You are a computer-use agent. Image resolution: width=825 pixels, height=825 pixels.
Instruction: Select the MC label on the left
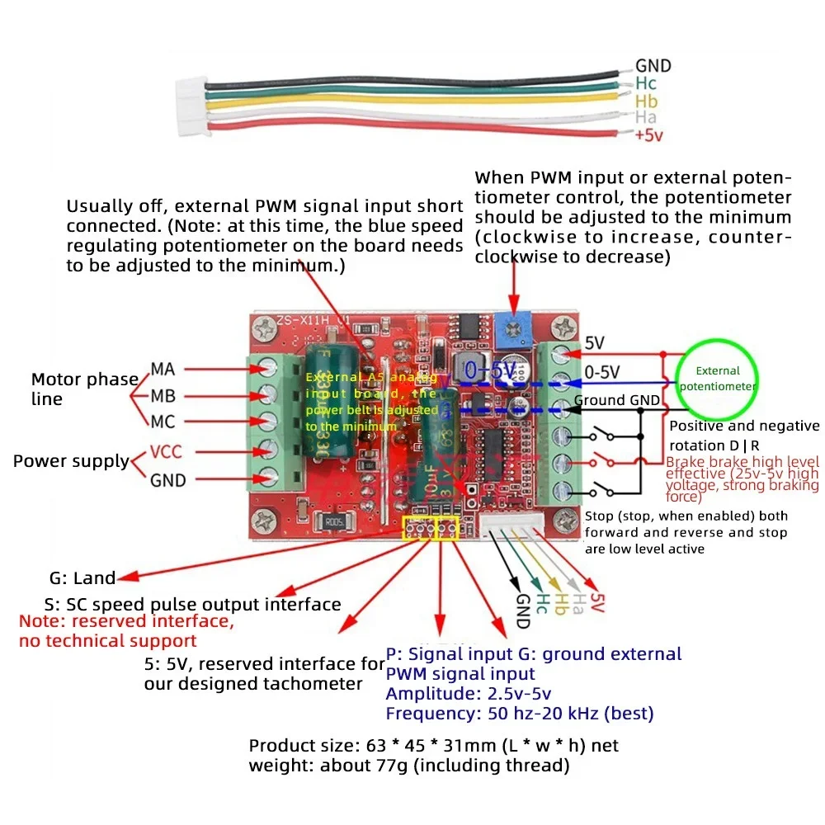click(x=163, y=422)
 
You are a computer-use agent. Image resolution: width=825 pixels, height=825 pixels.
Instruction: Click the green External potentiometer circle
click(x=717, y=378)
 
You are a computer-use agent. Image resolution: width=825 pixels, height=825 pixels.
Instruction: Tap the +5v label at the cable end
click(x=648, y=135)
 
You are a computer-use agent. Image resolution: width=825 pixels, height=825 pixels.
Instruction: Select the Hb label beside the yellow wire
click(x=647, y=101)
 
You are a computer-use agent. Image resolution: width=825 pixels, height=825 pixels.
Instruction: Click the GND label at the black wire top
click(x=653, y=66)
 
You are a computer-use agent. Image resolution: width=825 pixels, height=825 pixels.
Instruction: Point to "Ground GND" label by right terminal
click(x=617, y=401)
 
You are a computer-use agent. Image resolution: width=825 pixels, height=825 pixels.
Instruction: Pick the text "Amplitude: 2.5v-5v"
click(x=469, y=694)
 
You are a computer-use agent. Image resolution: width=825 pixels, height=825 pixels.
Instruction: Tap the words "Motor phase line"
click(x=84, y=389)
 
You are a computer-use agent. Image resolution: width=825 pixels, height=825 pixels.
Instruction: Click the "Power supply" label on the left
click(x=71, y=461)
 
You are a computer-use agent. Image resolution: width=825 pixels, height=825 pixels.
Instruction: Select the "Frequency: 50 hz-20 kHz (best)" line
click(x=519, y=714)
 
